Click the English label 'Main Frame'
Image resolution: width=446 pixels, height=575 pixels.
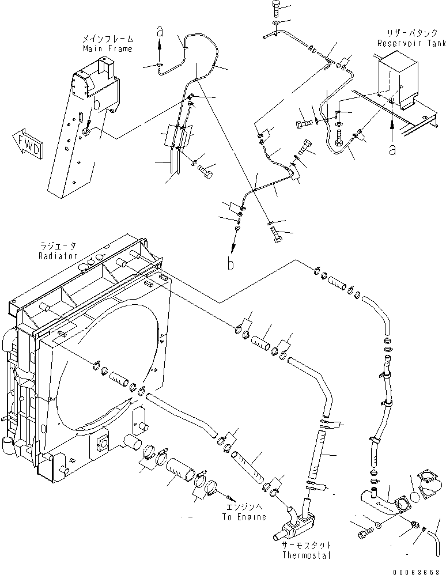click(x=107, y=48)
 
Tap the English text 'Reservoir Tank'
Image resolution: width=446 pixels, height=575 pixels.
click(x=410, y=43)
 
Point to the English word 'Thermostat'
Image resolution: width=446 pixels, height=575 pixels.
click(x=306, y=555)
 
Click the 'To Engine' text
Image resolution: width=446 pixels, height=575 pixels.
click(x=244, y=517)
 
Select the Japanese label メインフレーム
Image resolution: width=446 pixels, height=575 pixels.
click(x=107, y=39)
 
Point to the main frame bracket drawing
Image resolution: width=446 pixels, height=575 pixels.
click(x=84, y=133)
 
